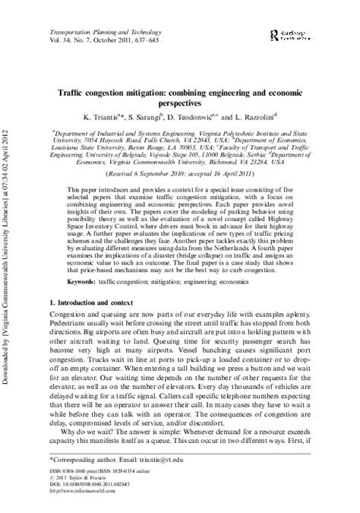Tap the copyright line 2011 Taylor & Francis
coord(84,478)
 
